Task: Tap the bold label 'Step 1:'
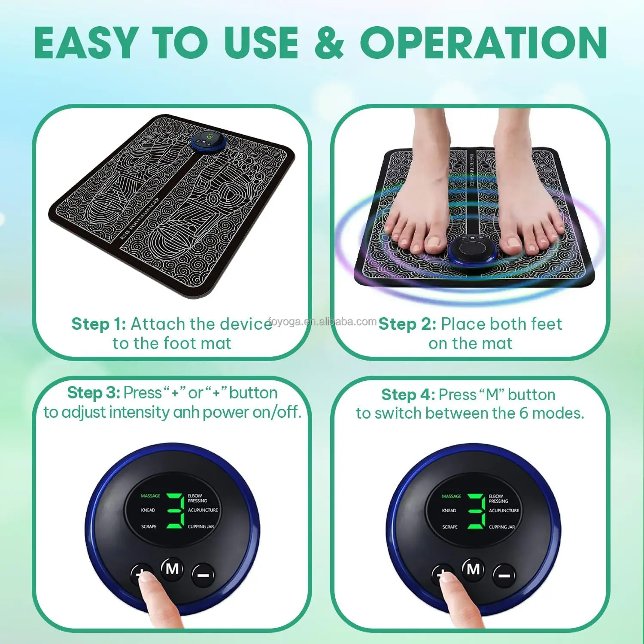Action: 99,324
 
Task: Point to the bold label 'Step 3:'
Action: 94,393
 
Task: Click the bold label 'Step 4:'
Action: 408,395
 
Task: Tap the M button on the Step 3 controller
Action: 172,569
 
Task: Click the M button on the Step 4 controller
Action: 473,569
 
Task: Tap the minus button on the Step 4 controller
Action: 504,575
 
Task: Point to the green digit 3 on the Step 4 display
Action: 476,511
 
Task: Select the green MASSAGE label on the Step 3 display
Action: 150,496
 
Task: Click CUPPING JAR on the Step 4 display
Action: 501,527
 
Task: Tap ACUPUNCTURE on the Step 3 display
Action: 203,510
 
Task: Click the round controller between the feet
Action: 471,250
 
